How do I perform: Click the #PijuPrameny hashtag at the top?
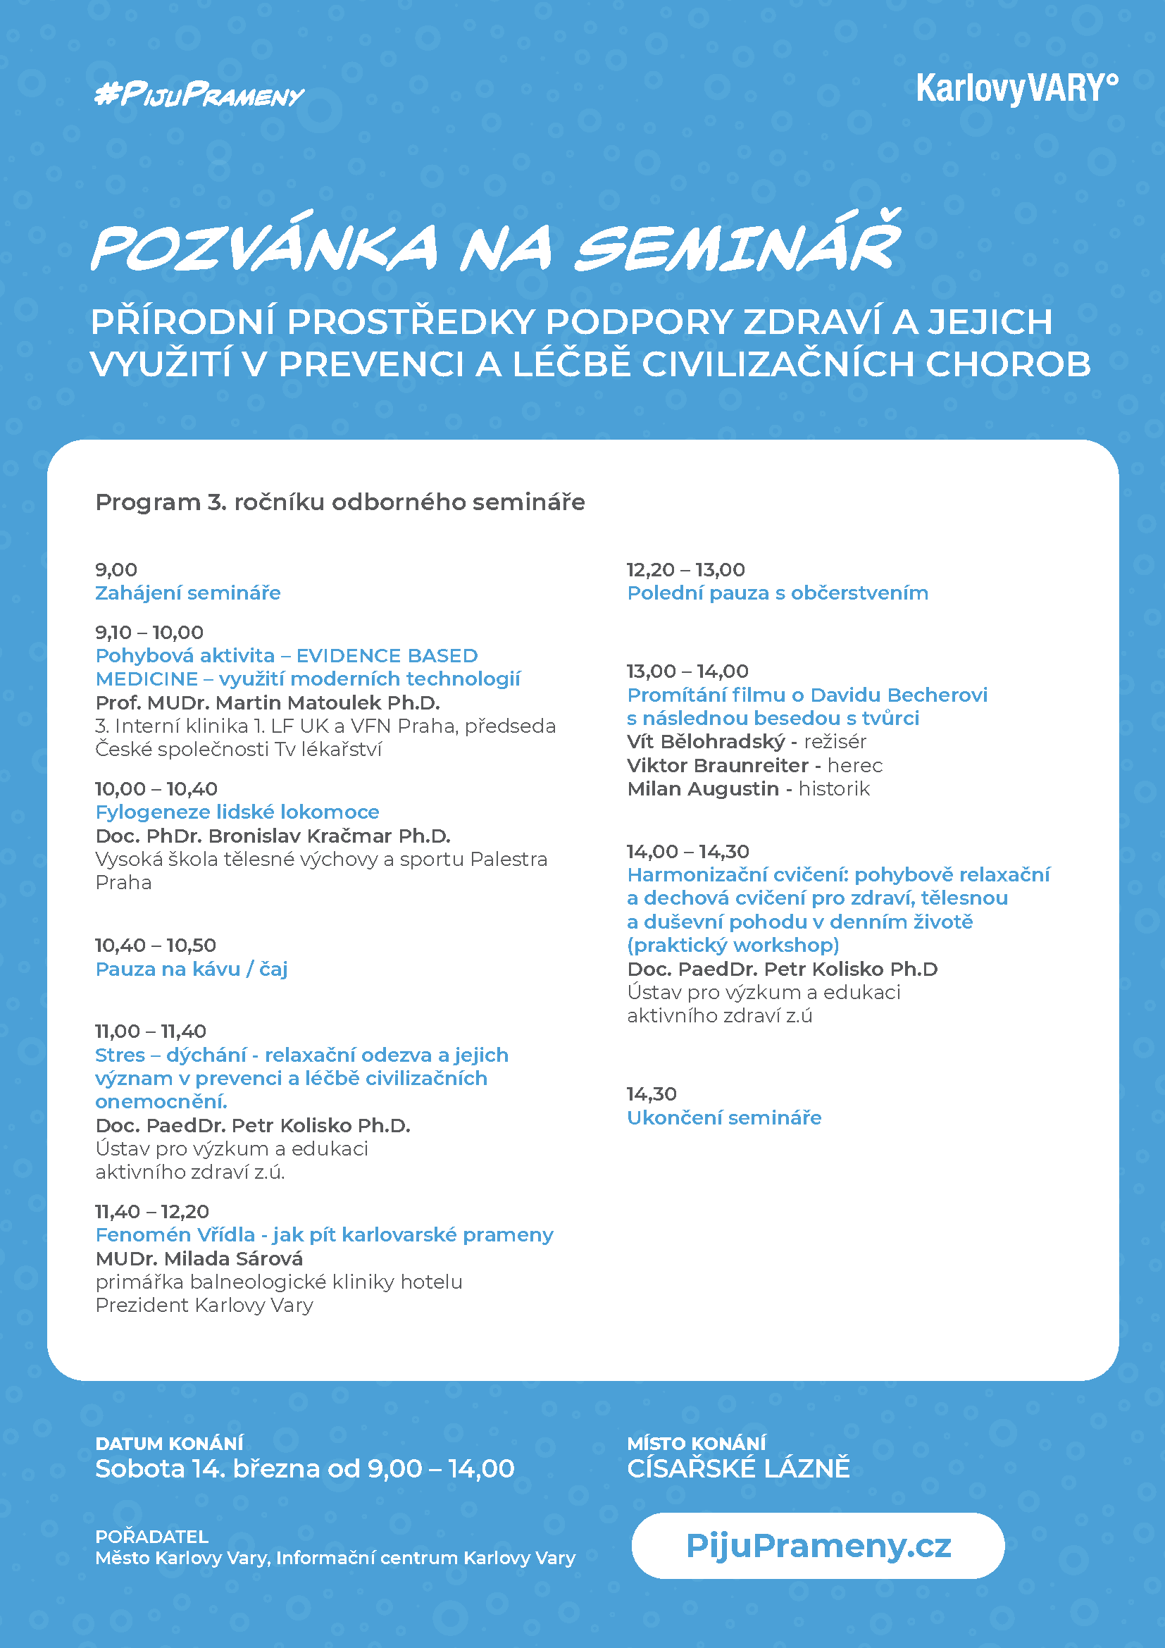tap(199, 94)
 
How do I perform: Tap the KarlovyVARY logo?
tap(1016, 89)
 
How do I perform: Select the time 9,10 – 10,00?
tap(149, 632)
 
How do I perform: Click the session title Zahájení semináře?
tap(188, 593)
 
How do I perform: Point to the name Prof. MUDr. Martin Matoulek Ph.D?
tap(268, 702)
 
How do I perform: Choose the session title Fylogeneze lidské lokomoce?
tap(237, 812)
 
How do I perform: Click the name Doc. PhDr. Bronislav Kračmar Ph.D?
tap(273, 836)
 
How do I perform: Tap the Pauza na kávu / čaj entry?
tap(191, 969)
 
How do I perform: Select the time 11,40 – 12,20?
tap(152, 1212)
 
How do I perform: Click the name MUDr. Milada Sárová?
tap(199, 1258)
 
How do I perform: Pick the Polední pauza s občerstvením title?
tap(778, 593)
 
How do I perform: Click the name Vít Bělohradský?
tap(706, 741)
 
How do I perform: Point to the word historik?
tap(833, 789)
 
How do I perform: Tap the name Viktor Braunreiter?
tap(717, 765)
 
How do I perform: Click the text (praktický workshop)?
tap(733, 945)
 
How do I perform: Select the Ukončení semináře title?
tap(724, 1117)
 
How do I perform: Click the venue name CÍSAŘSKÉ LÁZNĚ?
tap(738, 1468)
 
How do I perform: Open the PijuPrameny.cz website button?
tap(818, 1545)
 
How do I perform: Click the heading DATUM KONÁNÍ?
tap(169, 1444)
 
